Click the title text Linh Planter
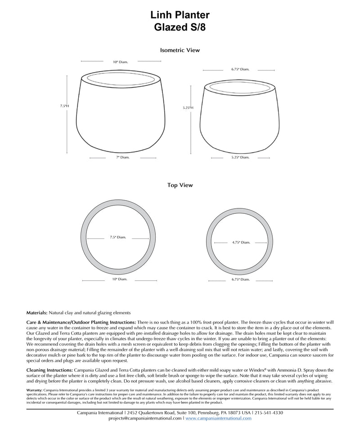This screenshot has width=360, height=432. [x=180, y=16]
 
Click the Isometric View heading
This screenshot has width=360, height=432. [x=180, y=50]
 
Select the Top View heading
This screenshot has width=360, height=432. [x=180, y=185]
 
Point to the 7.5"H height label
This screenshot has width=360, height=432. [x=64, y=106]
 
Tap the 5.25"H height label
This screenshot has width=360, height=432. [x=188, y=108]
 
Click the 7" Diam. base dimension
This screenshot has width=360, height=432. [x=120, y=157]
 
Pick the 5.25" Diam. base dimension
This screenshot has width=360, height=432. [x=240, y=157]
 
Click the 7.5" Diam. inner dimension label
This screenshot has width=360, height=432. [x=118, y=237]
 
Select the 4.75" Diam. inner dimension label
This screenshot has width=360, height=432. [x=241, y=243]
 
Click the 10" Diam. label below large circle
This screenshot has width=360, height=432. [x=120, y=279]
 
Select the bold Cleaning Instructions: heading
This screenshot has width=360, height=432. [x=49, y=370]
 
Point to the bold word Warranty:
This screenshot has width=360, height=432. [x=35, y=390]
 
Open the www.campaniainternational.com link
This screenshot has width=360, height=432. [x=218, y=418]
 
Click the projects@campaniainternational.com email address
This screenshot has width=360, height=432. [x=145, y=418]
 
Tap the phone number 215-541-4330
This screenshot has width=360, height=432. [x=269, y=413]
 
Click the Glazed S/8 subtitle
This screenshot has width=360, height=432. [x=180, y=27]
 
